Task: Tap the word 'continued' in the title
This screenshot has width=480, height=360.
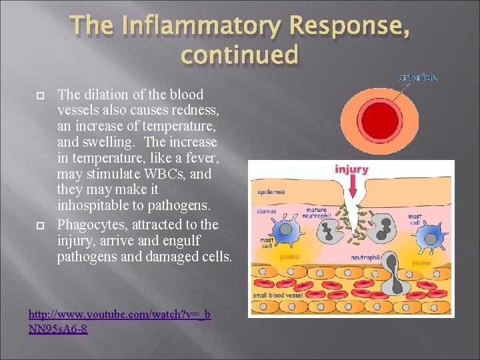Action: click(x=239, y=55)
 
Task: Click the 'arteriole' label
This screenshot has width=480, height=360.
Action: click(x=417, y=78)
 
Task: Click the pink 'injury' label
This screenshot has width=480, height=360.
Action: click(x=351, y=169)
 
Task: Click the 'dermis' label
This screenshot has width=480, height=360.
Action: click(x=267, y=212)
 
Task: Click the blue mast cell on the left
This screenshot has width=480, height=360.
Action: click(x=285, y=230)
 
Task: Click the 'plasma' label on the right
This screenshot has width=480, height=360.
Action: click(x=421, y=263)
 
